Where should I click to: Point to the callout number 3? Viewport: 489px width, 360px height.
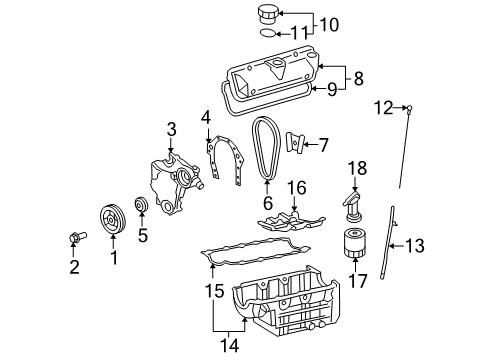tap(171, 129)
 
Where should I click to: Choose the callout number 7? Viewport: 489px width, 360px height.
tap(323, 145)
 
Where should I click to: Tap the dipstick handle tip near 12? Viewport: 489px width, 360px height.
tap(410, 106)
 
